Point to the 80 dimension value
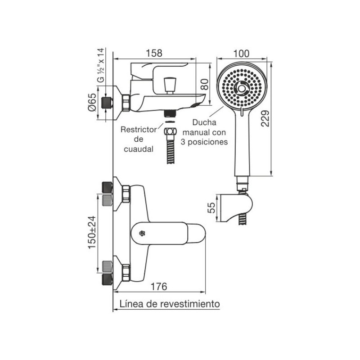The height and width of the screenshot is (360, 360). pyautogui.click(x=204, y=84)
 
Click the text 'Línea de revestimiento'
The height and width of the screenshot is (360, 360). pyautogui.click(x=170, y=304)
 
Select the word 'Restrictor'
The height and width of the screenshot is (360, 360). pyautogui.click(x=139, y=130)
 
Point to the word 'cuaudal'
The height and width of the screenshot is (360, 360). pyautogui.click(x=139, y=148)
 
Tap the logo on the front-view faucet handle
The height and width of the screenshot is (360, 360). pyautogui.click(x=141, y=233)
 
